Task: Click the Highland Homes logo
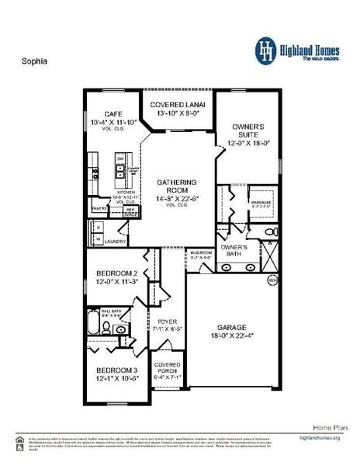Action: coord(301,48)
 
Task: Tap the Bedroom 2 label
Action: coord(116,273)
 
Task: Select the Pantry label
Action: coord(99,208)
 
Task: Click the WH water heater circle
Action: coord(272,280)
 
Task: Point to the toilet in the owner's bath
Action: coord(268,232)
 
